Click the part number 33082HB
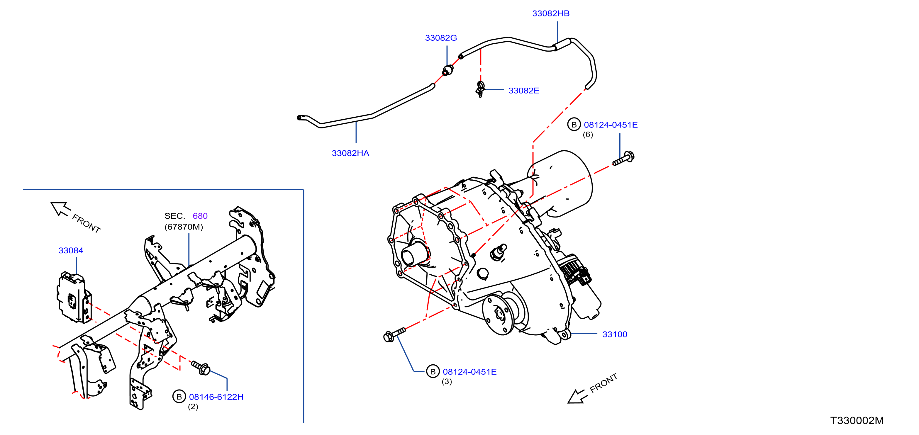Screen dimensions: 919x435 click(x=550, y=13)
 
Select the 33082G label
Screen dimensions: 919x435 click(x=441, y=38)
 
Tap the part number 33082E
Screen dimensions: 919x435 click(x=523, y=91)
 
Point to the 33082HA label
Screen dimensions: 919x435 click(x=350, y=153)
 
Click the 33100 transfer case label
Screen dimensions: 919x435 click(x=614, y=334)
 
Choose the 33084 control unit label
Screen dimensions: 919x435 click(x=71, y=251)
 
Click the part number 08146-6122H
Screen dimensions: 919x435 click(x=216, y=397)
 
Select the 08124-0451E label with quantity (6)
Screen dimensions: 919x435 click(x=611, y=125)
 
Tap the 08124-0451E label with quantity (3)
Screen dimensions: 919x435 click(x=469, y=372)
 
